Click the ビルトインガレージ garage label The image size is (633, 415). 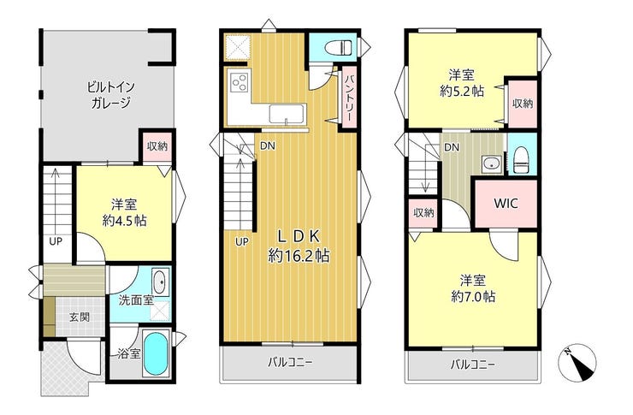tap(110, 94)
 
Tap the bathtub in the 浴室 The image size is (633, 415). tap(156, 355)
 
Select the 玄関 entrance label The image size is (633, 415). tap(79, 317)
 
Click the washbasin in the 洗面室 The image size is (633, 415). tap(160, 282)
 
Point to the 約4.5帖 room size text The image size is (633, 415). tap(124, 221)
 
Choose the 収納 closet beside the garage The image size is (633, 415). tap(157, 146)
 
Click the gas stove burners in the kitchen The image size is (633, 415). tap(239, 83)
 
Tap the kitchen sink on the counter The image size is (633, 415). tap(287, 113)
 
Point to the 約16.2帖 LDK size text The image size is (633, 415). tap(299, 256)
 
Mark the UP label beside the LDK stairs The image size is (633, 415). tap(242, 242)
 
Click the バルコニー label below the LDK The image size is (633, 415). tap(291, 363)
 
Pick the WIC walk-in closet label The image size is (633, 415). tap(506, 203)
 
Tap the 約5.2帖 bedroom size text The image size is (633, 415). tap(462, 92)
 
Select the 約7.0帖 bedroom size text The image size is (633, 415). tap(473, 297)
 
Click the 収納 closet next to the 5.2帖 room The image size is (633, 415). tap(523, 104)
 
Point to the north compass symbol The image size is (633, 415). tap(577, 362)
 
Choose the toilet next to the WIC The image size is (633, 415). tap(521, 159)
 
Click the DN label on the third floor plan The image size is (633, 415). tap(452, 148)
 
